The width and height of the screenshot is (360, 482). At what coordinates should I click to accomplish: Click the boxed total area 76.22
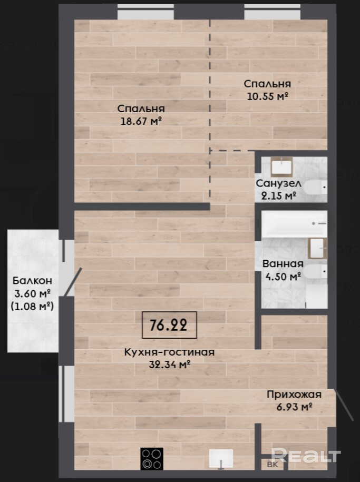pyautogui.click(x=169, y=324)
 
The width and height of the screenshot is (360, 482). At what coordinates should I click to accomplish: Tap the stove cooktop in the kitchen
pyautogui.click(x=152, y=459)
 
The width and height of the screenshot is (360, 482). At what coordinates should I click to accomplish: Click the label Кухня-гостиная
pyautogui.click(x=169, y=352)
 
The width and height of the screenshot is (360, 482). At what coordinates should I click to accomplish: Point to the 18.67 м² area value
pyautogui.click(x=141, y=121)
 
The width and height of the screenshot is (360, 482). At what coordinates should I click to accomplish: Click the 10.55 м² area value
pyautogui.click(x=268, y=96)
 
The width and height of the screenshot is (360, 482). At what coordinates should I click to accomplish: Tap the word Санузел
pyautogui.click(x=278, y=183)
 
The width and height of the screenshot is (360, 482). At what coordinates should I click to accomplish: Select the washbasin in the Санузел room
pyautogui.click(x=281, y=166)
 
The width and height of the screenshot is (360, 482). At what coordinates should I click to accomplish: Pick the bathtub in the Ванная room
pyautogui.click(x=294, y=223)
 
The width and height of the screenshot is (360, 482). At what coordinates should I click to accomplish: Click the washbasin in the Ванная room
pyautogui.click(x=317, y=248)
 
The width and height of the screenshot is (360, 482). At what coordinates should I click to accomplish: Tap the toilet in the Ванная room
pyautogui.click(x=316, y=271)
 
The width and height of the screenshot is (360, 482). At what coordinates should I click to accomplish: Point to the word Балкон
pyautogui.click(x=32, y=281)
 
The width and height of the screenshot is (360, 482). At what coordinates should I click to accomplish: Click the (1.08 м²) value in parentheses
pyautogui.click(x=32, y=306)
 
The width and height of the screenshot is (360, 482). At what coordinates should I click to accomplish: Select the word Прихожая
pyautogui.click(x=294, y=395)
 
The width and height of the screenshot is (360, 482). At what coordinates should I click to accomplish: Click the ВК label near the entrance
pyautogui.click(x=273, y=464)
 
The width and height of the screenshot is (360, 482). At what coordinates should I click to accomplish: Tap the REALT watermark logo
pyautogui.click(x=306, y=456)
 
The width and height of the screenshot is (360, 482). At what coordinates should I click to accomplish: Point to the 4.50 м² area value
pyautogui.click(x=283, y=277)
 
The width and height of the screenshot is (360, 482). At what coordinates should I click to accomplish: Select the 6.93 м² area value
pyautogui.click(x=295, y=407)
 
